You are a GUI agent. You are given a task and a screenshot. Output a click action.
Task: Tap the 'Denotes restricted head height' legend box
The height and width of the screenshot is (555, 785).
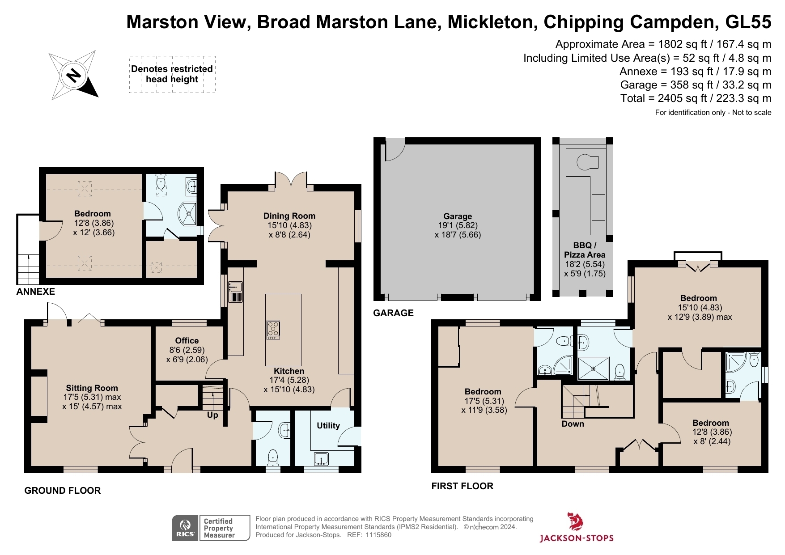[x=172, y=74]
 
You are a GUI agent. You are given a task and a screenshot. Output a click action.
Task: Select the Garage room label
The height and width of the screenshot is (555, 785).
[x=458, y=216]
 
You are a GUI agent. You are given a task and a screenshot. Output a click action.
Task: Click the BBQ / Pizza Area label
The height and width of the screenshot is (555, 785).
[x=585, y=250]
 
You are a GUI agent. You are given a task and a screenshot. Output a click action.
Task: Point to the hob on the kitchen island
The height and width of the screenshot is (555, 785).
[x=273, y=330]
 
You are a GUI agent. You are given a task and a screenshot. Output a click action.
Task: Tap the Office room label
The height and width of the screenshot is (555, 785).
[x=187, y=340]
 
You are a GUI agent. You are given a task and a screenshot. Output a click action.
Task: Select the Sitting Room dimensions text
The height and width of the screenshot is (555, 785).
[x=92, y=402]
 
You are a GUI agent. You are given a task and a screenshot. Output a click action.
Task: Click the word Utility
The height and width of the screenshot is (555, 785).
[x=328, y=425]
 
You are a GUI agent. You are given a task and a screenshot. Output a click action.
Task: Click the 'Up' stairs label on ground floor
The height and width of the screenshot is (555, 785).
[x=212, y=415]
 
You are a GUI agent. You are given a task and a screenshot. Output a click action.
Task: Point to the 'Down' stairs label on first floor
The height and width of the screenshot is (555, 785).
[x=573, y=424]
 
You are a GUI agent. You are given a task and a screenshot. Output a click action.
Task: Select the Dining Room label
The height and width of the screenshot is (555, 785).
[x=289, y=216]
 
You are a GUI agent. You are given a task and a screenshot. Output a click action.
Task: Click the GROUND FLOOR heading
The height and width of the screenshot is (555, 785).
[x=63, y=490]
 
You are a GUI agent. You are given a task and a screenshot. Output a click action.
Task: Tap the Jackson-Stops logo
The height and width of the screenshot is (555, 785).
[x=576, y=528]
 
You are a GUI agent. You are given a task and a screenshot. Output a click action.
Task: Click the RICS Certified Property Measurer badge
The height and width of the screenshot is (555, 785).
[x=211, y=528]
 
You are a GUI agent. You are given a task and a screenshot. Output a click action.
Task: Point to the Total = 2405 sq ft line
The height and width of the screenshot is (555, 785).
[x=696, y=98]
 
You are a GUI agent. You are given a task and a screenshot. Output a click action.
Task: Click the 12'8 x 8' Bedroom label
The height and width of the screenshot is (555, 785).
[x=711, y=423]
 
